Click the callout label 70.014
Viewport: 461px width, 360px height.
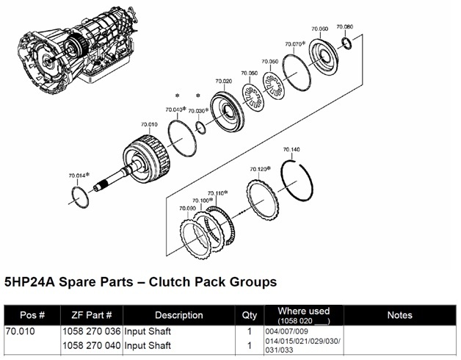78,176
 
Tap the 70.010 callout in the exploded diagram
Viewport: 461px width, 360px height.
149,125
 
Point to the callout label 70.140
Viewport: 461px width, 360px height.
291,149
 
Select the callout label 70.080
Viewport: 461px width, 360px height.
344,27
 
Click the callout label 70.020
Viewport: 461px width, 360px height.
224,81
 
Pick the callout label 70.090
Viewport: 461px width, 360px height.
187,209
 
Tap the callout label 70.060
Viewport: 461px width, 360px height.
319,29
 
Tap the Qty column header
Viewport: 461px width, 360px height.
250,315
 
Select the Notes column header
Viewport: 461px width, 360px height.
399,315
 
